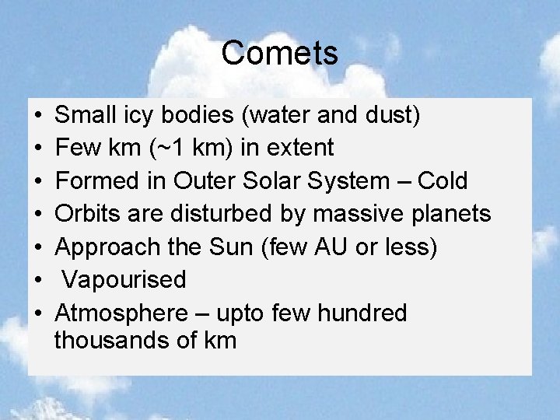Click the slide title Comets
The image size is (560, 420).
coord(279,54)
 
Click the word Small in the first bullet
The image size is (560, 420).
coord(83,115)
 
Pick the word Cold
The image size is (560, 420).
coord(443,181)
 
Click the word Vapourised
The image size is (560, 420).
coord(124,280)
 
